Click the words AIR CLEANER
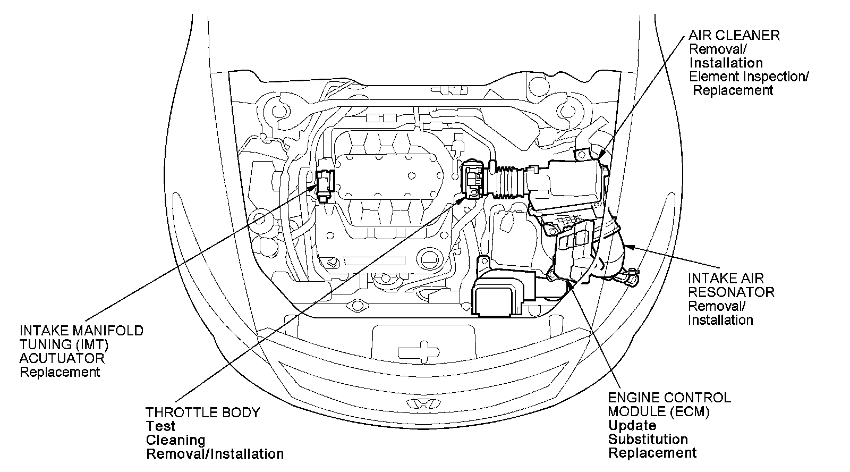(734, 36)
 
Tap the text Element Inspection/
(749, 77)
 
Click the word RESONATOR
(731, 292)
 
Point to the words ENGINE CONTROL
(669, 398)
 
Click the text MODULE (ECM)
(659, 411)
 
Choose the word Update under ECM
(632, 425)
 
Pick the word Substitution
(648, 439)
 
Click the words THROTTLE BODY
(203, 412)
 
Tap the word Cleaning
(175, 440)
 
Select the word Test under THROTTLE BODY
(160, 426)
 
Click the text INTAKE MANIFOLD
(81, 331)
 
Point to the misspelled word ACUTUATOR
(62, 358)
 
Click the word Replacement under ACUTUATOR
(59, 372)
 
